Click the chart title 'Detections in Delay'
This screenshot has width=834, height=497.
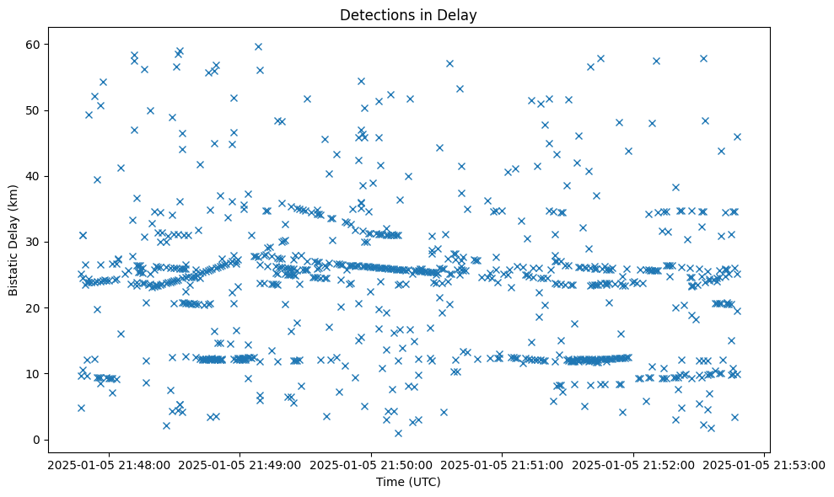click(408, 14)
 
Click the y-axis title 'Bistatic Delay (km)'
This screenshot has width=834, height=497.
click(14, 238)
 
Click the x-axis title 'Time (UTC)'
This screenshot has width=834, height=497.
click(408, 482)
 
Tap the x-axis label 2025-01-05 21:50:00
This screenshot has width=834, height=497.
click(371, 464)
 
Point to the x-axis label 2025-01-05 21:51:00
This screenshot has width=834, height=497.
click(503, 464)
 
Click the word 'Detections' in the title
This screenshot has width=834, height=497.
click(372, 14)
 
